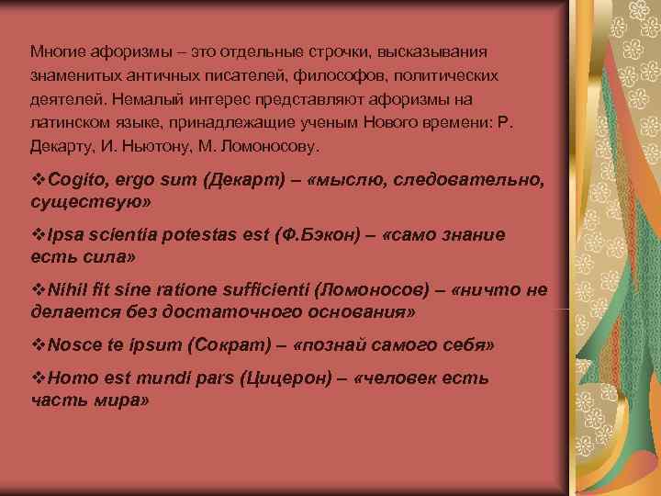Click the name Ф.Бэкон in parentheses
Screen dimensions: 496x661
320,234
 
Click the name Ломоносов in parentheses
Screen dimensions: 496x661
370,290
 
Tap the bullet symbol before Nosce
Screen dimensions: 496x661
37,345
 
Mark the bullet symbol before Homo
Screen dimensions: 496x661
37,378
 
